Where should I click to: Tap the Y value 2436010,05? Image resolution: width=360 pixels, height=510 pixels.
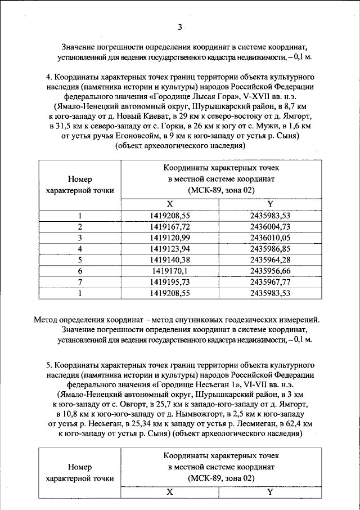(x=270, y=238)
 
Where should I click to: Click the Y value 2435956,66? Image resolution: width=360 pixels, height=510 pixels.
(x=270, y=271)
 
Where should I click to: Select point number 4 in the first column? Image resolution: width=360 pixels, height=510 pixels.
(x=80, y=249)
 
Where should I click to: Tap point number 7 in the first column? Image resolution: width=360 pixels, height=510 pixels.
(x=80, y=281)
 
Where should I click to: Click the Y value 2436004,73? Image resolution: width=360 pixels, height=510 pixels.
(x=270, y=226)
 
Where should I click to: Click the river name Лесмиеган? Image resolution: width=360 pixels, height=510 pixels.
(x=247, y=424)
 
